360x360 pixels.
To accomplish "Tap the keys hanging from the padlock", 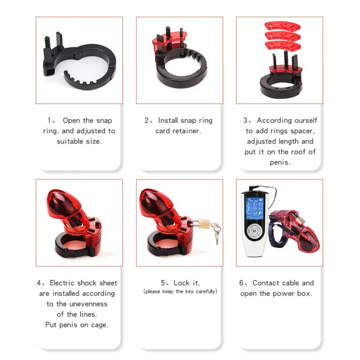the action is [216, 232].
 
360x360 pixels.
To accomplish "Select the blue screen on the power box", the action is [255, 208].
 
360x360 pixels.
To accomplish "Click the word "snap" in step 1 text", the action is [104, 121].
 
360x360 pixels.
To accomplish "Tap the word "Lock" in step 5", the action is [181, 283].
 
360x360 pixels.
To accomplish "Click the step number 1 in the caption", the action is [49, 120].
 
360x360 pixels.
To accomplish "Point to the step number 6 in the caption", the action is [241, 283].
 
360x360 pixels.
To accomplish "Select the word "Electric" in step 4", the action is [63, 283].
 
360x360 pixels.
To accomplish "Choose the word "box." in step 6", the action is [305, 294].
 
